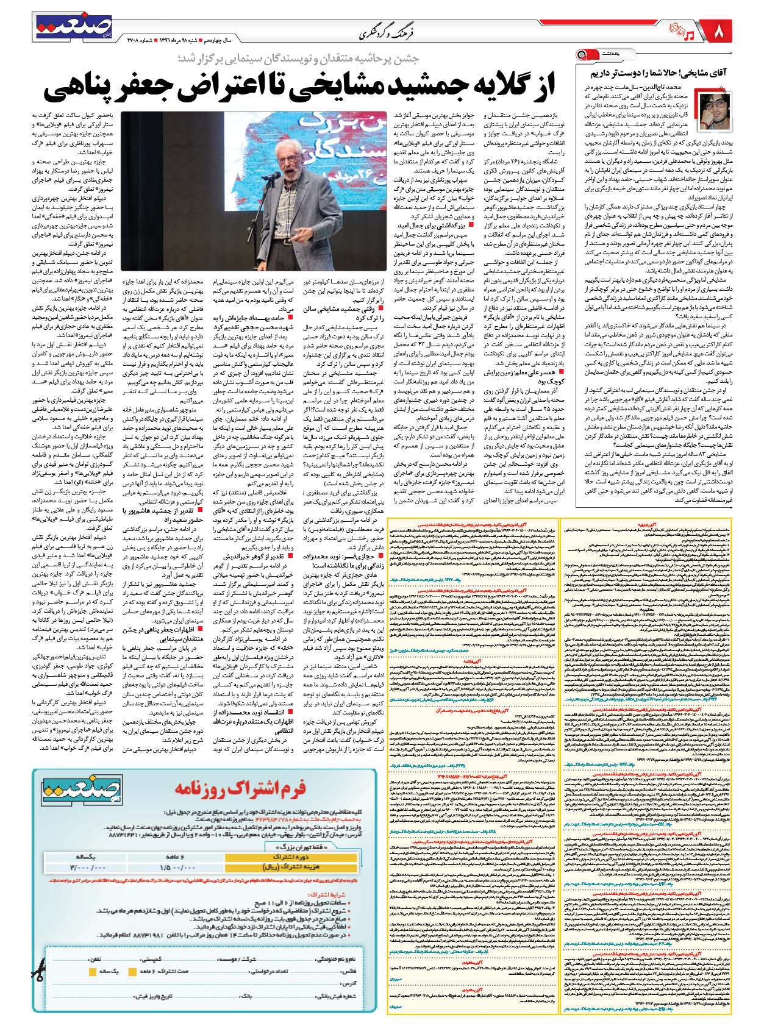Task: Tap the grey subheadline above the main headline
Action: pyautogui.click(x=298, y=59)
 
